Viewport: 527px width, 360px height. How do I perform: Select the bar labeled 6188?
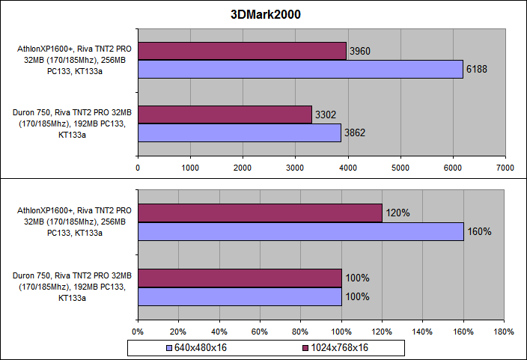[300, 69]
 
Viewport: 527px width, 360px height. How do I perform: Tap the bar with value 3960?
[242, 51]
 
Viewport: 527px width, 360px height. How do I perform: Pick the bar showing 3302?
[225, 115]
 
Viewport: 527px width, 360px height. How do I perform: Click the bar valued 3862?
[240, 132]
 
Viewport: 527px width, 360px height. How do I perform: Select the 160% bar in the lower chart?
[300, 231]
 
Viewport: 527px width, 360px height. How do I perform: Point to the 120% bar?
[260, 213]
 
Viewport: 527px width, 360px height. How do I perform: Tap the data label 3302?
[325, 115]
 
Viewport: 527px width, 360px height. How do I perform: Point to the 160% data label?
[479, 232]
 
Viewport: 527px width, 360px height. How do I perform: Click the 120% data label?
[397, 213]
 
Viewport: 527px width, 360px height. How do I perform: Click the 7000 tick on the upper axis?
[504, 168]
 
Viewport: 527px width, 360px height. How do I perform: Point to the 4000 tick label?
[347, 168]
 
